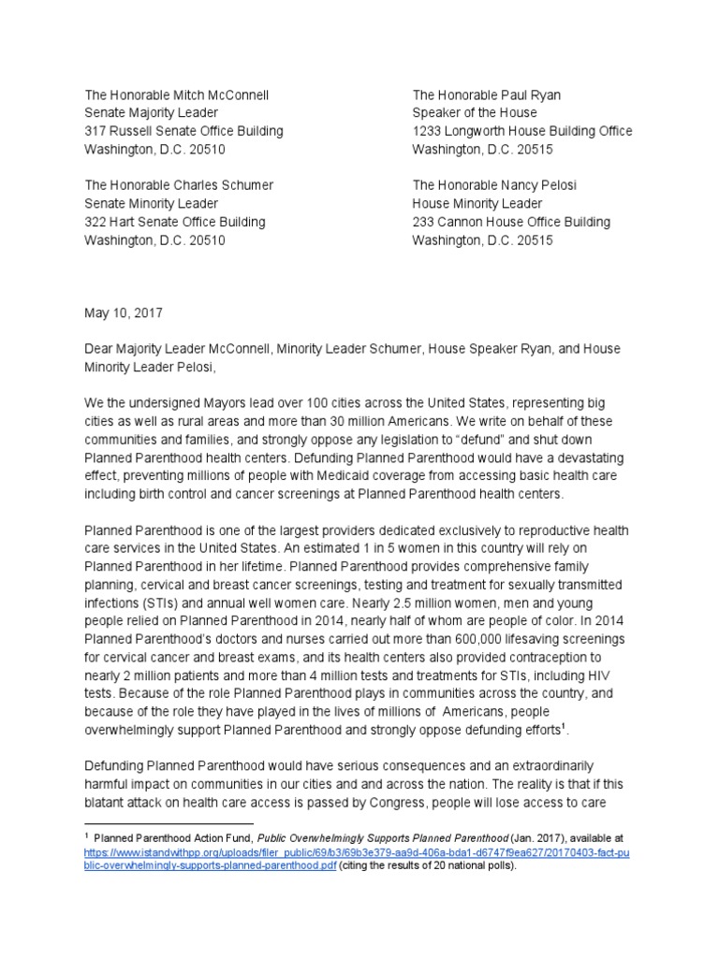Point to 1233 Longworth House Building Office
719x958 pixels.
click(522, 131)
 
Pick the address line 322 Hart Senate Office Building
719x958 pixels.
click(174, 222)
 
